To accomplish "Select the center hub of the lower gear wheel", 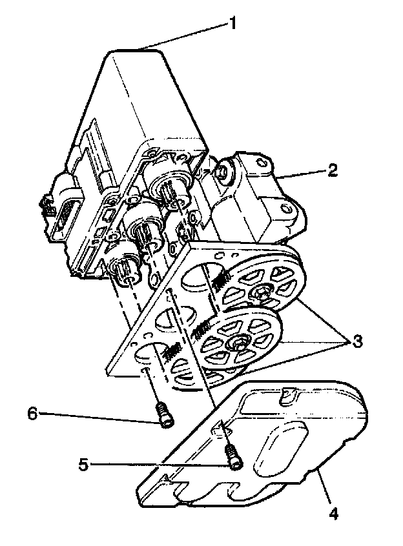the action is pos(240,343).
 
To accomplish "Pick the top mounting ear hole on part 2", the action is pos(262,165).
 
